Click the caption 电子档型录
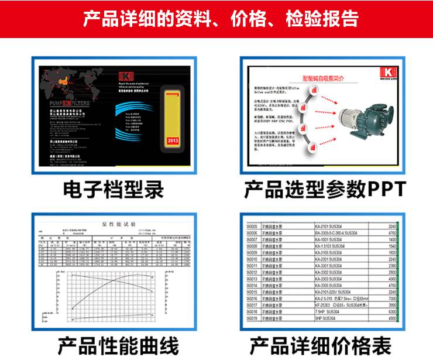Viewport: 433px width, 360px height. point(114,188)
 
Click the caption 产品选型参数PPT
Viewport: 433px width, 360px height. point(324,188)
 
